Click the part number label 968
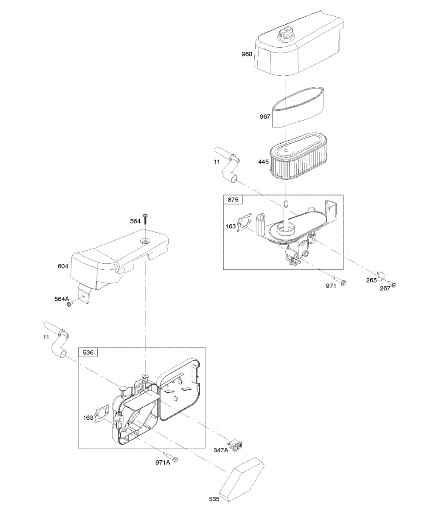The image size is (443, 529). (247, 54)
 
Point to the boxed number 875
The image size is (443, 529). (233, 200)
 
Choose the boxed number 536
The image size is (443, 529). (88, 352)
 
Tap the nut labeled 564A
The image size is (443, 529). (69, 304)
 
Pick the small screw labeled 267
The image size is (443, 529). (394, 284)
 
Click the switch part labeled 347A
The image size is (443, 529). (237, 447)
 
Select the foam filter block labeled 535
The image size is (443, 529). (242, 479)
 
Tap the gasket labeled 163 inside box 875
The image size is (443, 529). (244, 223)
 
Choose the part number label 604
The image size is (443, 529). (63, 266)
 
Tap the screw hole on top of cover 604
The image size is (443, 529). (145, 242)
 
